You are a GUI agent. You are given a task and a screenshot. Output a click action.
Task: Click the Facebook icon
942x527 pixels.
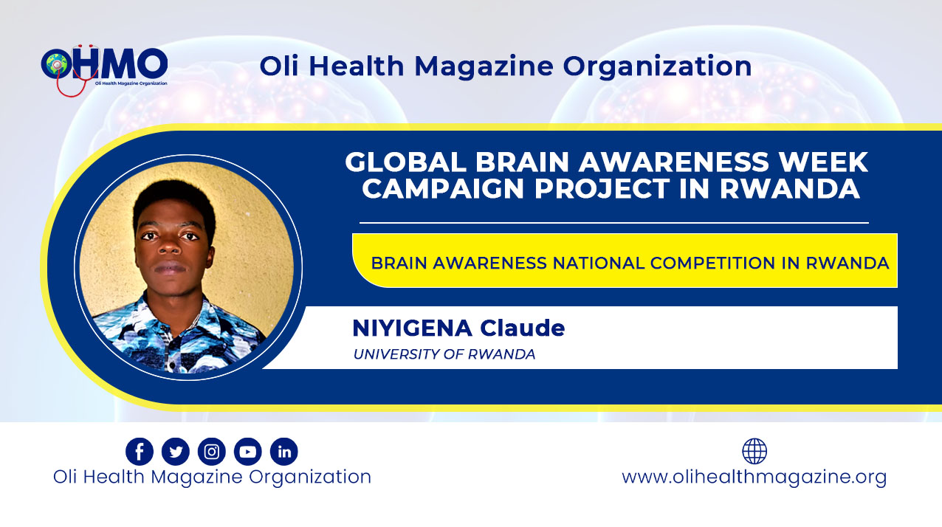pos(140,451)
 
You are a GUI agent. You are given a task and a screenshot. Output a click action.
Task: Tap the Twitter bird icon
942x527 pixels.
pos(176,451)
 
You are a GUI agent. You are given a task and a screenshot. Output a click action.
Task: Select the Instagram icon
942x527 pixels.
pos(212,451)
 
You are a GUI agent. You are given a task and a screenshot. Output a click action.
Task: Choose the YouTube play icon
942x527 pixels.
pos(248,451)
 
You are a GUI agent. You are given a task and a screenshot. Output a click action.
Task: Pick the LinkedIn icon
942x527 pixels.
pos(284,451)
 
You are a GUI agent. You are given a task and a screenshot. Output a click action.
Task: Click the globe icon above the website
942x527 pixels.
pos(754,451)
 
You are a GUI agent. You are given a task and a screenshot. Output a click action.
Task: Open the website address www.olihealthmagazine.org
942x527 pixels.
pos(754,478)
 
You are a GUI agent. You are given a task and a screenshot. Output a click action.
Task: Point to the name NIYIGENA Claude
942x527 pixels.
pos(458,328)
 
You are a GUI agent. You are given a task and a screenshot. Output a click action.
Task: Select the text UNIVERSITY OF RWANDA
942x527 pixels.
pos(444,354)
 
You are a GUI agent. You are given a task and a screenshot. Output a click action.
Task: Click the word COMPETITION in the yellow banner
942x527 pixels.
pos(712,263)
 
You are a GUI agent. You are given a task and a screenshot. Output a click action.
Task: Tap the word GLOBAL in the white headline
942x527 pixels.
pos(406,162)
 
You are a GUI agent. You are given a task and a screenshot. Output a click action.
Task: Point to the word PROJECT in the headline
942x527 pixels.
pos(602,188)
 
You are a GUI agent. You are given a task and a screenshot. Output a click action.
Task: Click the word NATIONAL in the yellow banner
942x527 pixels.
pos(599,263)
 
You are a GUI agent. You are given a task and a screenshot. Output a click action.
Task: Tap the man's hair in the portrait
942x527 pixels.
pos(174,202)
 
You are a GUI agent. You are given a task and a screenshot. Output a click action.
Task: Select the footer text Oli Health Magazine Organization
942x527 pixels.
pos(213,478)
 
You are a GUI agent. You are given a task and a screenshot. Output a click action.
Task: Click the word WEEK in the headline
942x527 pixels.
pos(823,162)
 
